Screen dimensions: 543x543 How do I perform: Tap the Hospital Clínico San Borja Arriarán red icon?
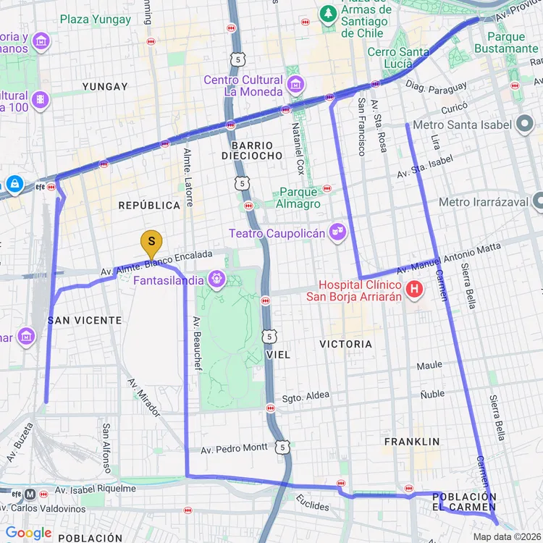coord(414,290)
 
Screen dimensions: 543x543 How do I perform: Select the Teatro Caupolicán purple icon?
coord(337,232)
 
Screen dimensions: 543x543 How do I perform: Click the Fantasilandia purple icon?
coord(216,279)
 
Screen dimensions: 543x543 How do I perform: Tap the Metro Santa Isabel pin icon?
coord(526,125)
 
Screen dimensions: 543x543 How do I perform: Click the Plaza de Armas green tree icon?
coord(328,14)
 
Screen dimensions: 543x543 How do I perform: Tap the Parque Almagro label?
coord(298,198)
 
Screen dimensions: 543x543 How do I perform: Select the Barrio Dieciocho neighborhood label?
coord(252,151)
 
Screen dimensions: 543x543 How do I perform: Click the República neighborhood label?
coord(149,206)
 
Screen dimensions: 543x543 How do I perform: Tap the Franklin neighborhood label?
coord(412,442)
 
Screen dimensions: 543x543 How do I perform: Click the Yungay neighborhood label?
coord(105,87)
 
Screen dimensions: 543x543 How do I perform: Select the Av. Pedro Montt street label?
coord(234,448)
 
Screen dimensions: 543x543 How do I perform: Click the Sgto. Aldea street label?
coord(306,396)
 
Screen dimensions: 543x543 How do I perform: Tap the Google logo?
coord(28,534)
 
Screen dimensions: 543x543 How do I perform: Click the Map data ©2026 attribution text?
coord(505,536)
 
